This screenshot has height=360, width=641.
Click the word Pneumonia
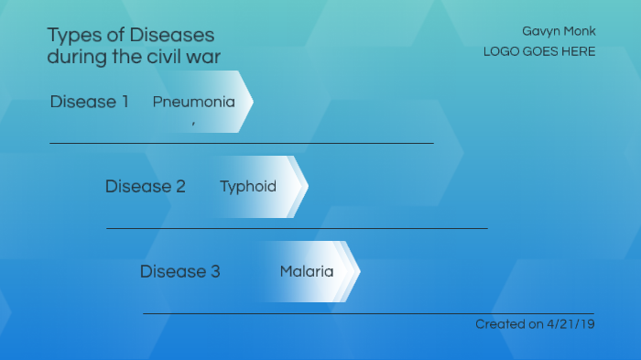193,102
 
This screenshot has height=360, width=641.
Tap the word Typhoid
247,187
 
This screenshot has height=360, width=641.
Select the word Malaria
306,272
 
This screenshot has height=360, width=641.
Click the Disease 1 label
89,102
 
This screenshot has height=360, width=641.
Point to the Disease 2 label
145,187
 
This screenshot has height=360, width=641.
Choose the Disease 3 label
179,272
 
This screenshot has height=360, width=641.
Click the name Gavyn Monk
559,31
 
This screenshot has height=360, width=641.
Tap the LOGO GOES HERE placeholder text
539,51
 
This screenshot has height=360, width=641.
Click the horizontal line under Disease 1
241,143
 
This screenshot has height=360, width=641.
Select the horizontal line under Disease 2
297,228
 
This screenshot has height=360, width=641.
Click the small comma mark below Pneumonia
193,122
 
